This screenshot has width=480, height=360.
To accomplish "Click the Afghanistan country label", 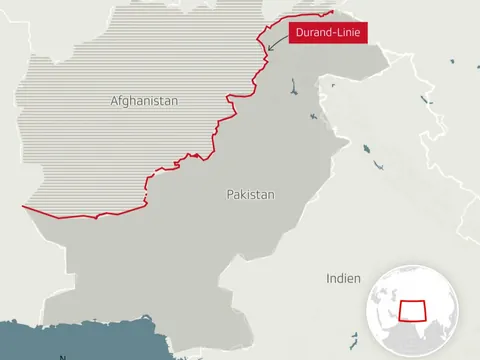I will point(144,101).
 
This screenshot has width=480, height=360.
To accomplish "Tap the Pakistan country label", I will point(250,194).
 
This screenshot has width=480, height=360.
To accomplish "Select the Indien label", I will point(343,279).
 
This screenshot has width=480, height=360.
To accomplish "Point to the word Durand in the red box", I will point(312,34).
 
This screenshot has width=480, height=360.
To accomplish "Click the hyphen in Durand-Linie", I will point(331,34).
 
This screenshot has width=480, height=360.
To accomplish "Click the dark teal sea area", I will point(60,339).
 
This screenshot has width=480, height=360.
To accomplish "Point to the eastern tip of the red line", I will point(333,12).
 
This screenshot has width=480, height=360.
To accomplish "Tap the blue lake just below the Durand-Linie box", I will point(293,85).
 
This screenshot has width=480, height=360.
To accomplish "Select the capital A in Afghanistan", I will point(114,101).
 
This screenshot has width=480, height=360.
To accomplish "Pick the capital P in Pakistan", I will point(229,194).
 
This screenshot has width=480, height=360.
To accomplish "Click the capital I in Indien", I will point(328,279).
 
